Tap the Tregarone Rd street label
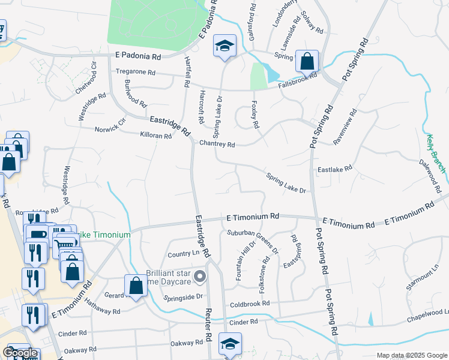pyautogui.click(x=136, y=71)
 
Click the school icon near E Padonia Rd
pyautogui.click(x=224, y=46)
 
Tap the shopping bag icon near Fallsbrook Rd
pyautogui.click(x=307, y=61)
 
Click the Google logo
pyautogui.click(x=20, y=353)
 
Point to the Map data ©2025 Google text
pyautogui.click(x=411, y=355)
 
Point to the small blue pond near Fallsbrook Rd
pyautogui.click(x=272, y=74)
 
